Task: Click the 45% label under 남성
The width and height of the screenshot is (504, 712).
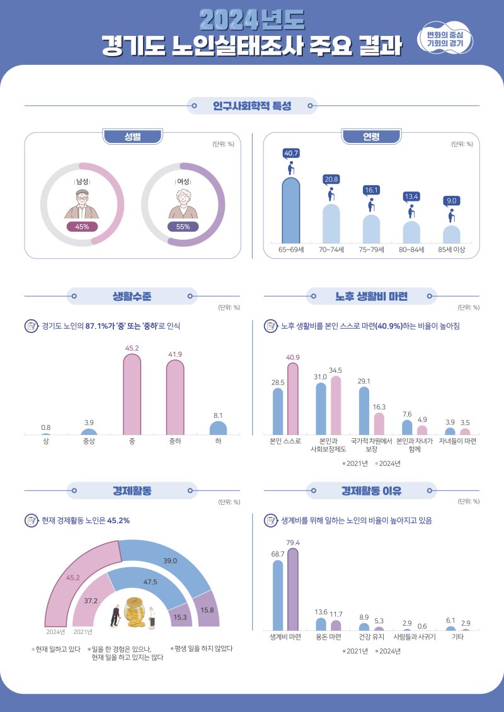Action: tap(82, 227)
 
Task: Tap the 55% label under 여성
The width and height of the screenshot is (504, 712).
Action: tap(183, 227)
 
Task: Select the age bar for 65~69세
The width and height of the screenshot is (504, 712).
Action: tap(291, 211)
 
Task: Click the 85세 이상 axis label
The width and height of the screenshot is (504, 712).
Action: tap(451, 250)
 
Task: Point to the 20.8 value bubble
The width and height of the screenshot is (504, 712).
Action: tap(331, 179)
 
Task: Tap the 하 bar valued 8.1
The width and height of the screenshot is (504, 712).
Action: tap(218, 429)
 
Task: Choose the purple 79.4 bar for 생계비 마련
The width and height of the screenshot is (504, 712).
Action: tap(293, 589)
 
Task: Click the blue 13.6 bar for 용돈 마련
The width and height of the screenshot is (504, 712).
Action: tap(321, 624)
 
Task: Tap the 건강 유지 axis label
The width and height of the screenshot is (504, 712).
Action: tap(371, 637)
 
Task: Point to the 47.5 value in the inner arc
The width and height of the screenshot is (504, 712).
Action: tap(150, 582)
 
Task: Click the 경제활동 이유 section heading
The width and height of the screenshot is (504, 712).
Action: tap(371, 490)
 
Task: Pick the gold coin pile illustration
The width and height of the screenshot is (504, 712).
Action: tap(135, 612)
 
